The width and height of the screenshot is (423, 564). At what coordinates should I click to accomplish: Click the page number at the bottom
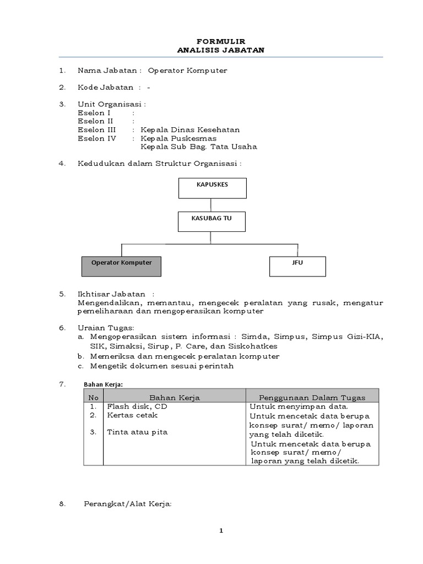click(221, 530)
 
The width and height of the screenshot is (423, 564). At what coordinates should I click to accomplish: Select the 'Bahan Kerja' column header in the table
click(175, 397)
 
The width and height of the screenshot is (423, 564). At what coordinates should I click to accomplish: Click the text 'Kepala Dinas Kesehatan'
click(190, 130)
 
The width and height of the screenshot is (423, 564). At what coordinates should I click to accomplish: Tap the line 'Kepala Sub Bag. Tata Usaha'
click(199, 147)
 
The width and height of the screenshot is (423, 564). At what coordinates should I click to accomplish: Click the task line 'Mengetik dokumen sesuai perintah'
click(162, 365)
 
